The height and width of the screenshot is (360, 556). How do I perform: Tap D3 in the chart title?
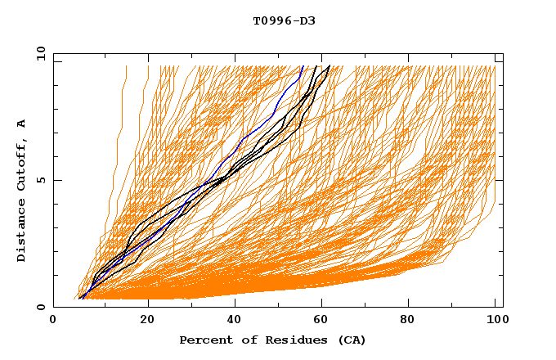(x=307, y=20)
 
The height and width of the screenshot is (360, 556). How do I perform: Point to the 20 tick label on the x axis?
(x=147, y=321)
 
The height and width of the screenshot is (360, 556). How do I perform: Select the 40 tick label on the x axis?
(x=235, y=321)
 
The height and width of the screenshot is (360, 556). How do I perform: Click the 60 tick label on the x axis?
(x=325, y=321)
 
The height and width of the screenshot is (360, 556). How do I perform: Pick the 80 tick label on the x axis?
(x=413, y=321)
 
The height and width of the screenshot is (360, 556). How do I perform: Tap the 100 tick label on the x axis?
(x=495, y=321)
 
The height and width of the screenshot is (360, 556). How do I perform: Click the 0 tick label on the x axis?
(x=54, y=321)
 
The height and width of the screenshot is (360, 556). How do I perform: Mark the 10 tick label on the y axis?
(x=40, y=53)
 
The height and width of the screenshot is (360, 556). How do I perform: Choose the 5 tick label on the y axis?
(x=40, y=180)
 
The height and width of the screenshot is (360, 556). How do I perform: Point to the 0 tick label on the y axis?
(x=40, y=307)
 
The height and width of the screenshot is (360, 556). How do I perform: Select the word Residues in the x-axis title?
(x=289, y=340)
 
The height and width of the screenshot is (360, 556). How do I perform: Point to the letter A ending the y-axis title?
(x=21, y=124)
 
